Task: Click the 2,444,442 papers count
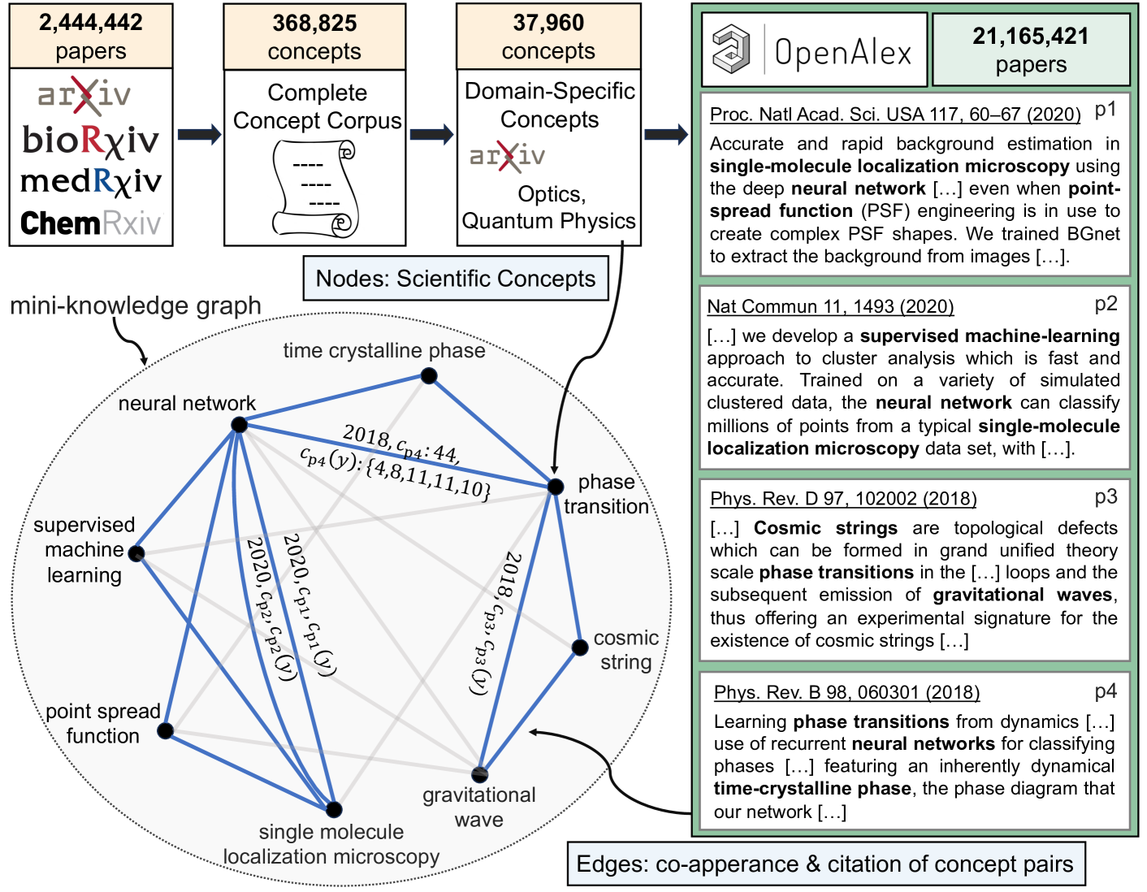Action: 91,23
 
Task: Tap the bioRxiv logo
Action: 91,141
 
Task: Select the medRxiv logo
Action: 91,181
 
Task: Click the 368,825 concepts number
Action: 314,24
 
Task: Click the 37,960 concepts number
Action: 548,23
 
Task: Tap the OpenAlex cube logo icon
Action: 732,49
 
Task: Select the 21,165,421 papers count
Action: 1031,37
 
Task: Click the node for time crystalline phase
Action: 429,375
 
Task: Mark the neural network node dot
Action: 239,425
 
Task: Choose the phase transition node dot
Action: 556,487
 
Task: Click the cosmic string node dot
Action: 579,647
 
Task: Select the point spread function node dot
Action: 166,730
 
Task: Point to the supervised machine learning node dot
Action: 136,554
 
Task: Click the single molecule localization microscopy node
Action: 334,809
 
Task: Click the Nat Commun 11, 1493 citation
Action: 830,306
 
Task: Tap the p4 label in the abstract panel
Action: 1106,691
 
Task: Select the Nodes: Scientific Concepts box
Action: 456,279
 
